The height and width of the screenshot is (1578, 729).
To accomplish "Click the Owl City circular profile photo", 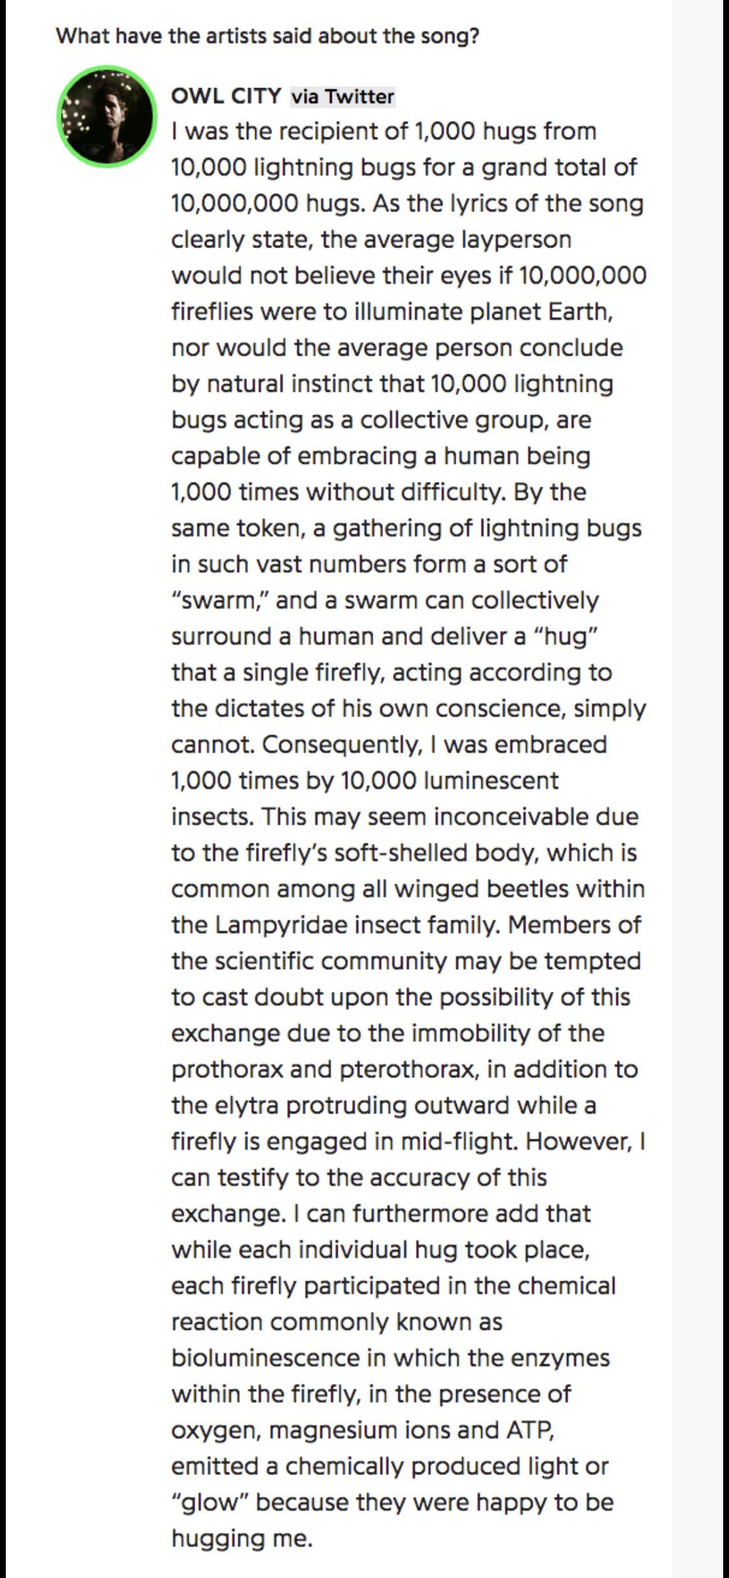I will pyautogui.click(x=107, y=116).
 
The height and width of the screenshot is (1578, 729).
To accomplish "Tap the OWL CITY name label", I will pyautogui.click(x=226, y=96).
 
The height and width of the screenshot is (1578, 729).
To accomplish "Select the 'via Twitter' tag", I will pyautogui.click(x=342, y=97).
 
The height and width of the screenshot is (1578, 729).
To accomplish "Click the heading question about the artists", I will pyautogui.click(x=268, y=35).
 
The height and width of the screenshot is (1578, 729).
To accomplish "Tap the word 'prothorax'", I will pyautogui.click(x=227, y=1069).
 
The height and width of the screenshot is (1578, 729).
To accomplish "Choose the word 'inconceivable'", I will pyautogui.click(x=511, y=816).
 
